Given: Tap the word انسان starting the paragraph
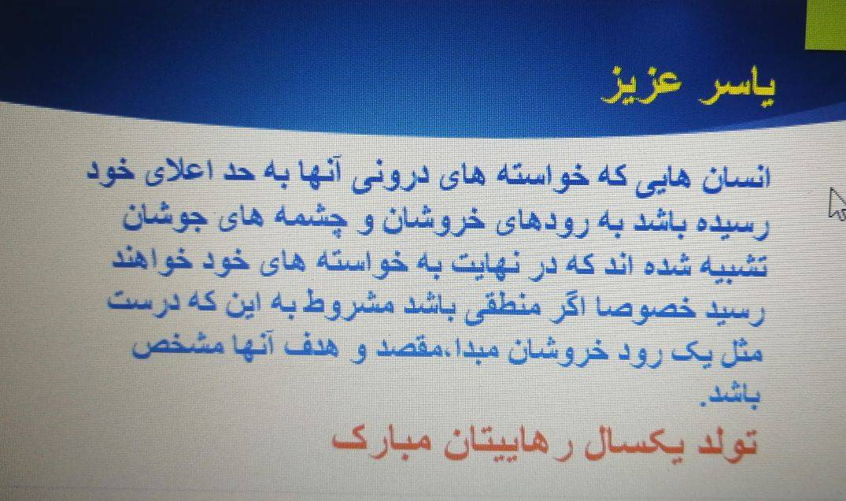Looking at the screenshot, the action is tap(737, 177).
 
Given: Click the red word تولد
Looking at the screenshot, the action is tap(726, 443).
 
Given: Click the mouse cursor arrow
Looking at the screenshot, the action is tap(837, 203).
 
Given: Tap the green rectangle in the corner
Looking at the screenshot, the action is tap(826, 24).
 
